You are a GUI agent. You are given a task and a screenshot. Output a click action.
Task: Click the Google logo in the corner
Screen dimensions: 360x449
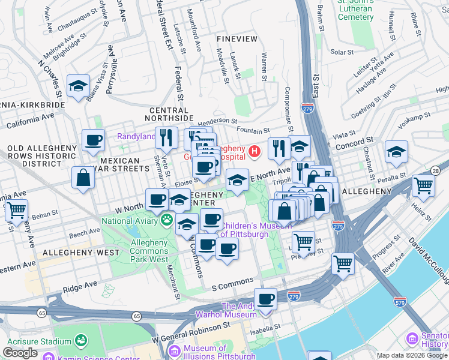click(x=20, y=353)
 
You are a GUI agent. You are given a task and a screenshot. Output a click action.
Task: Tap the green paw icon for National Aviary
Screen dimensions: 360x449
click(x=166, y=221)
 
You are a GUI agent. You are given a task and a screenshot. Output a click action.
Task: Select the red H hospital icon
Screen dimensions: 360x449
click(x=255, y=151)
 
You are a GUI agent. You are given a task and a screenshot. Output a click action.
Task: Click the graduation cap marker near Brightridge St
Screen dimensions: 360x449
click(x=78, y=86)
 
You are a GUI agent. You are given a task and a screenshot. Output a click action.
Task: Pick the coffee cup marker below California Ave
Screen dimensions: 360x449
click(x=93, y=141)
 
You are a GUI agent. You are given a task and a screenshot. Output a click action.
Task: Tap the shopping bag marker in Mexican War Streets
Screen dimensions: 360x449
click(x=83, y=178)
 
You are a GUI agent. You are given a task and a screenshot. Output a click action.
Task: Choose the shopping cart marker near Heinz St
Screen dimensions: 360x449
click(x=423, y=186)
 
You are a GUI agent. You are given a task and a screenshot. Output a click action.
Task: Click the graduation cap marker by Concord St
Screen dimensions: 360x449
click(x=396, y=152)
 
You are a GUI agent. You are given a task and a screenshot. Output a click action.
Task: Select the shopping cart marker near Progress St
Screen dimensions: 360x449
click(x=343, y=263)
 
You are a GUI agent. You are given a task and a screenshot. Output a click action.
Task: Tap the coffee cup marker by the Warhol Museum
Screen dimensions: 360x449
click(x=265, y=299)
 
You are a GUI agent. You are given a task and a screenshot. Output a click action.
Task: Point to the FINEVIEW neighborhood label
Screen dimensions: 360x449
click(x=237, y=39)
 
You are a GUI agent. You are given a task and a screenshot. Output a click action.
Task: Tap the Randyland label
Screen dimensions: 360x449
click(x=135, y=136)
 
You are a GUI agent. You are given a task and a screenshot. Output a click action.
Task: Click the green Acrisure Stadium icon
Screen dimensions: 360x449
click(x=80, y=341)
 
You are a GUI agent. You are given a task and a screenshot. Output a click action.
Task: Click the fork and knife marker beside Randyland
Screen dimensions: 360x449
click(x=166, y=137)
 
